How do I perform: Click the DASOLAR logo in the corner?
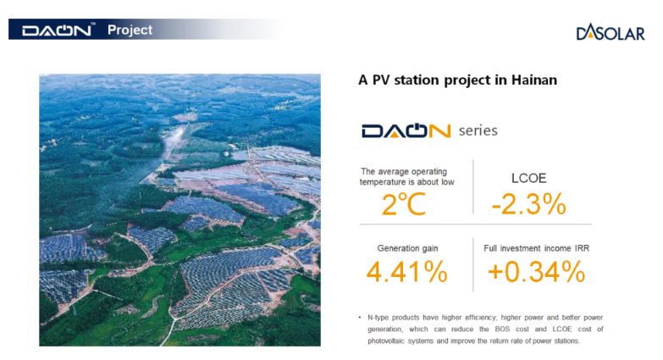(x=611, y=32)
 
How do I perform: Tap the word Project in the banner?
(x=130, y=30)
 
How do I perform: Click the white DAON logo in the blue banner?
(x=57, y=30)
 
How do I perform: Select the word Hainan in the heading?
(x=534, y=80)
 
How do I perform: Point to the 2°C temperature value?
(x=403, y=204)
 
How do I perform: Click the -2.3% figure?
(x=528, y=204)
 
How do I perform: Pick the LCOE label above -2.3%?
(x=528, y=178)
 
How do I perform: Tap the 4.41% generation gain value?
(x=406, y=272)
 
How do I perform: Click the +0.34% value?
(x=536, y=272)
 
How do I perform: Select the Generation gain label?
(x=407, y=248)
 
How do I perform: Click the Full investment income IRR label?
(x=536, y=248)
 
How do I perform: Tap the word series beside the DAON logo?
(x=478, y=130)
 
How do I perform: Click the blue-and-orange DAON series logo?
(x=406, y=130)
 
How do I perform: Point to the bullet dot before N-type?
(x=360, y=317)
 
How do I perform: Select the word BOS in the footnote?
(x=502, y=330)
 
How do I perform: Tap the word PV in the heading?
(x=381, y=80)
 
